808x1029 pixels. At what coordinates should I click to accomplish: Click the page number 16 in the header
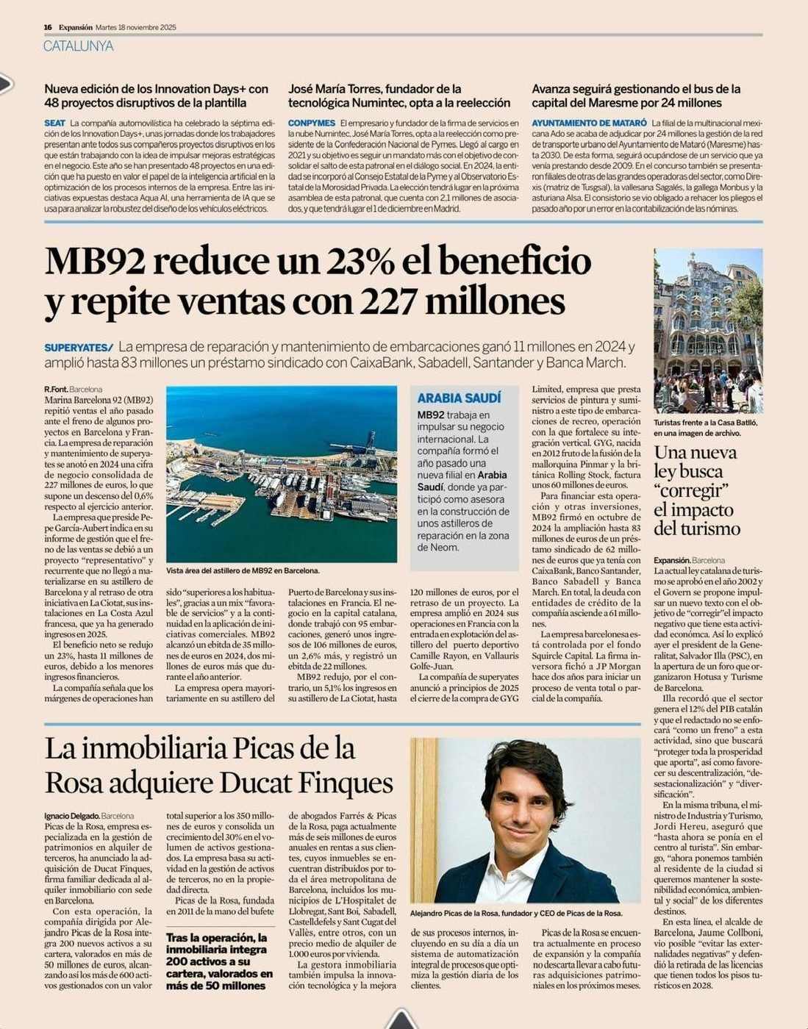(48, 27)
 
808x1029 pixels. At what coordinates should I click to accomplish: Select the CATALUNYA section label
(79, 46)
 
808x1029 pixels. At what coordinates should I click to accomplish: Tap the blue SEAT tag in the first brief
(54, 123)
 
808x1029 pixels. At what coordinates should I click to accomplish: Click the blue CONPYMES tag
(311, 123)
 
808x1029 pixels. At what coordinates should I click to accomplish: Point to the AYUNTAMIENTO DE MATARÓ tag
(589, 123)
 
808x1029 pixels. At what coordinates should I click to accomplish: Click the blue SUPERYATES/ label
(79, 347)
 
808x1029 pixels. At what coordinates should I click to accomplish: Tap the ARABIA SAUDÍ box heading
(459, 398)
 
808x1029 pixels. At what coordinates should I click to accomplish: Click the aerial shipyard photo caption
(243, 570)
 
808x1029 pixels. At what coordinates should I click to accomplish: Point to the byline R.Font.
(55, 389)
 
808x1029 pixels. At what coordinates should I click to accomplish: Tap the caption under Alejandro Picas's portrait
(516, 913)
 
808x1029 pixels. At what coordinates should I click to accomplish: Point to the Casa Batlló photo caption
(704, 428)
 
